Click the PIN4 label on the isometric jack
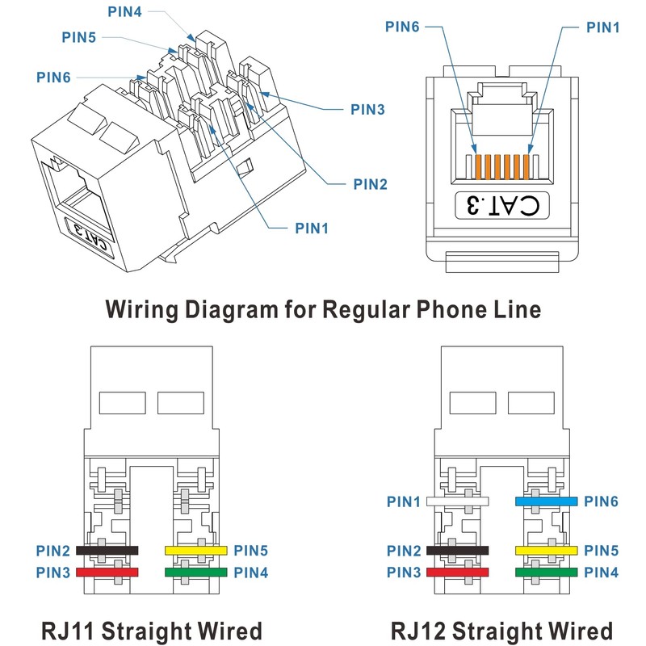coord(124,11)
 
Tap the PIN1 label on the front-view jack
coord(602,27)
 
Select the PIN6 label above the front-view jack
coord(402,27)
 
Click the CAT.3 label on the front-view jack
coord(502,205)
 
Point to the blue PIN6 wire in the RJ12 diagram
coord(547,501)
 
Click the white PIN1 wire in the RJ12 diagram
coord(457,501)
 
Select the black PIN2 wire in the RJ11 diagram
coord(107,551)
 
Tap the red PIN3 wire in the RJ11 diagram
coord(107,573)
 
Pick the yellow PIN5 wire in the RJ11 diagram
coord(196,551)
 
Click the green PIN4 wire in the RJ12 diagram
coord(547,573)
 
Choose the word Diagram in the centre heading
coord(232,310)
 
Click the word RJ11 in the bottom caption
coord(68,631)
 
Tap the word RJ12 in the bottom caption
coord(417,631)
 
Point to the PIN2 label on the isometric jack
coord(371,184)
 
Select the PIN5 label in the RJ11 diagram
coord(250,551)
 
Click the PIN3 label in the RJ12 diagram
coord(404,573)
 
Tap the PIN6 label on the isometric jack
coord(53,77)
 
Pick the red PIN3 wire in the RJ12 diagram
coord(457,573)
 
